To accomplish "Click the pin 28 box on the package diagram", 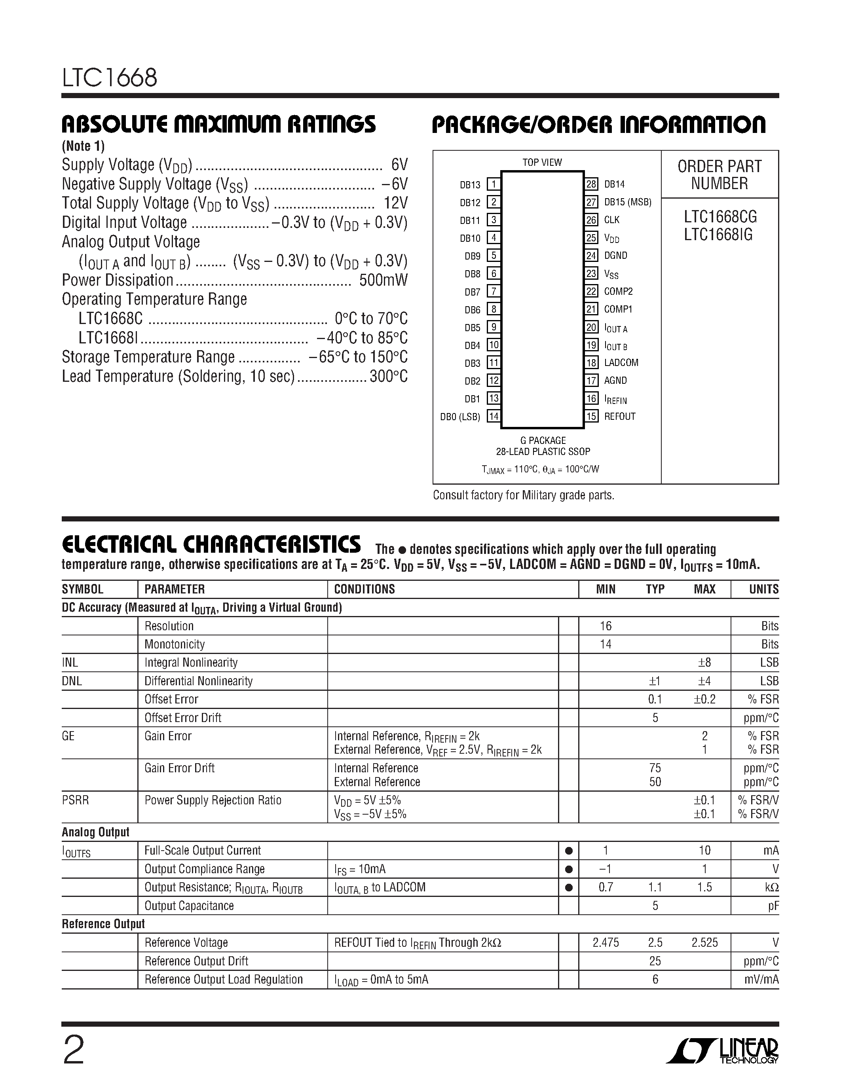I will (x=591, y=184).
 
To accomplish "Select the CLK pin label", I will (x=611, y=220).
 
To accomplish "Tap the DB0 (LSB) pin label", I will (x=460, y=417).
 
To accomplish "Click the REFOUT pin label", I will (x=619, y=417).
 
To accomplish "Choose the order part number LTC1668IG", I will (x=718, y=235).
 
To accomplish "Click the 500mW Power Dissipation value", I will (x=383, y=281).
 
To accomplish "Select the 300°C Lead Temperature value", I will (x=388, y=377).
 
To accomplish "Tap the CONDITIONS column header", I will (x=364, y=589).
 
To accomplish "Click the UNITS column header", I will (x=763, y=589).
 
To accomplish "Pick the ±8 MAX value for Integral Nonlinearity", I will (x=704, y=663).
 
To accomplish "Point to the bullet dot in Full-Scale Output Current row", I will (x=568, y=851).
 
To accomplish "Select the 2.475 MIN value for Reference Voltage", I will (x=606, y=942).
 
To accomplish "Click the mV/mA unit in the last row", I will (x=761, y=980).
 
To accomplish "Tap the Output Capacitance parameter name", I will (x=189, y=906).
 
